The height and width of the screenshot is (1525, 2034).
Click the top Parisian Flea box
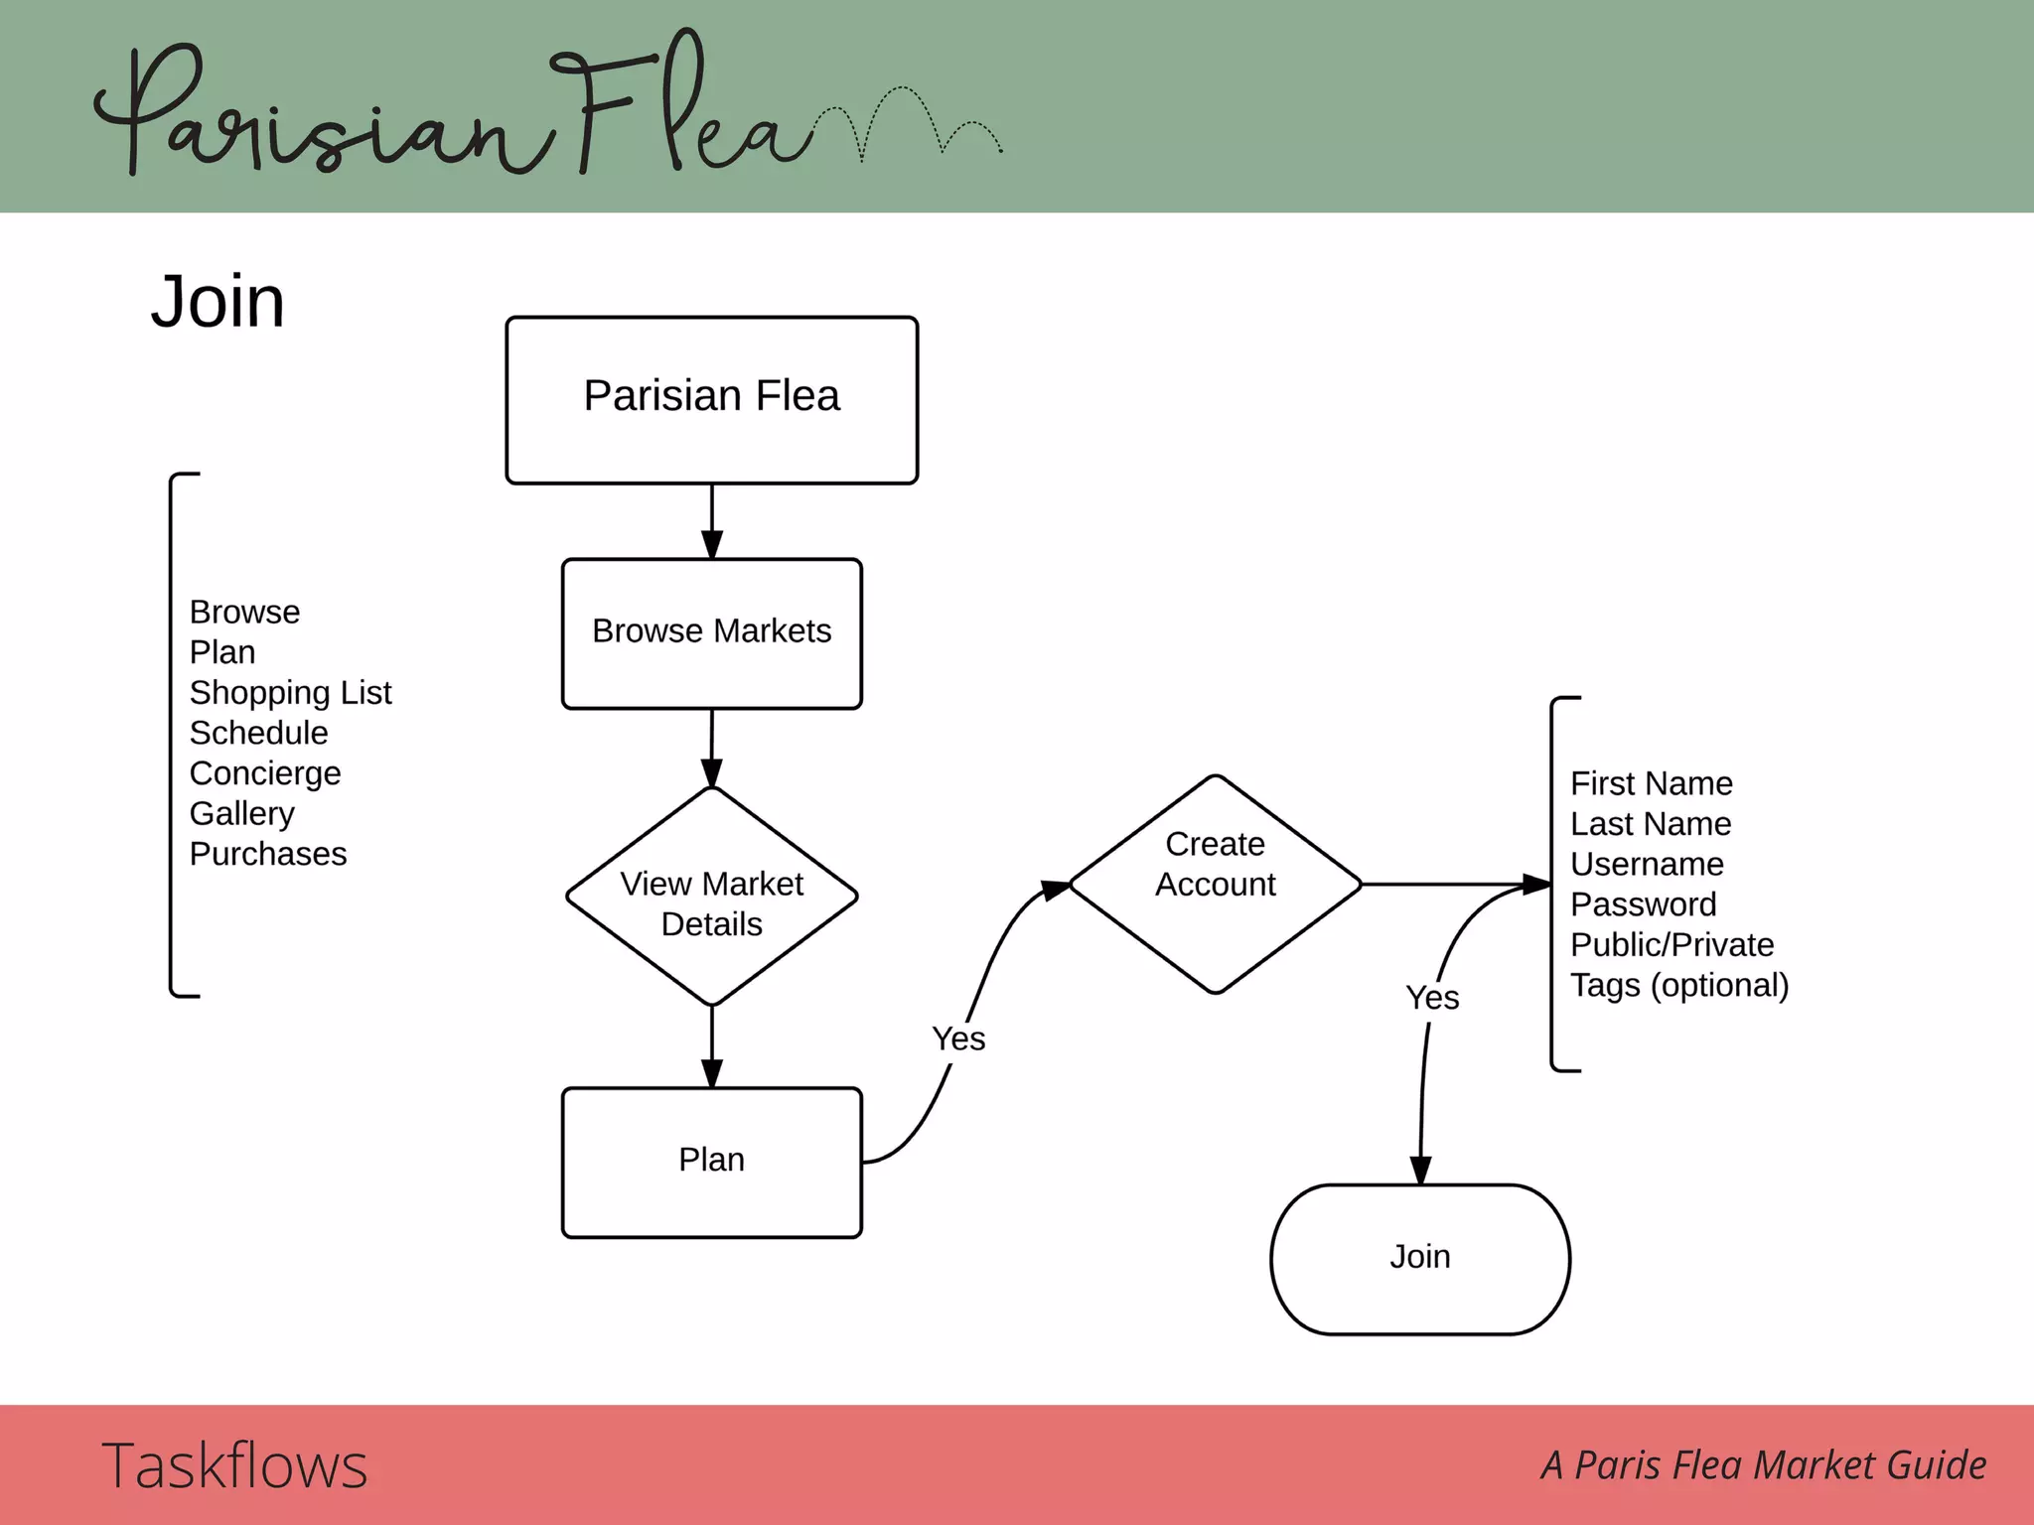pyautogui.click(x=711, y=399)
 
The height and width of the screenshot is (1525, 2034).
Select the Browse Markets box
pyautogui.click(x=711, y=632)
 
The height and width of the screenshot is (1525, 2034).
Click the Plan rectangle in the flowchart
pyautogui.click(x=711, y=1162)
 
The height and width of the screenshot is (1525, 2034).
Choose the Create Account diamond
pyautogui.click(x=1215, y=884)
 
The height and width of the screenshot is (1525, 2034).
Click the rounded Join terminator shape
pyautogui.click(x=1419, y=1258)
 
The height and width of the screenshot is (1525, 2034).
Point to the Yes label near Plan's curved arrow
pyautogui.click(x=958, y=1039)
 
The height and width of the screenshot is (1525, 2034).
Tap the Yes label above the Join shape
pyautogui.click(x=1432, y=998)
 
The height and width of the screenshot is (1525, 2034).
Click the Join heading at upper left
pyautogui.click(x=218, y=302)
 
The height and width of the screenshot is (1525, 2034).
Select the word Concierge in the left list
pyautogui.click(x=265, y=772)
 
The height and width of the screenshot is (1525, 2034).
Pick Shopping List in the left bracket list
pyautogui.click(x=290, y=692)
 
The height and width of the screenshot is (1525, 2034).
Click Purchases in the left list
pyautogui.click(x=268, y=854)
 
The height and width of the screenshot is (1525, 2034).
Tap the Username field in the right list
pyautogui.click(x=1646, y=864)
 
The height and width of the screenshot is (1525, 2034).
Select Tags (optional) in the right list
pyautogui.click(x=1678, y=985)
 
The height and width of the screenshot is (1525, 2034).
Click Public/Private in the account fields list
pyautogui.click(x=1671, y=944)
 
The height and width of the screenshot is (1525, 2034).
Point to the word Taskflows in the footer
pyautogui.click(x=234, y=1465)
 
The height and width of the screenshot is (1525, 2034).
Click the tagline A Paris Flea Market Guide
pyautogui.click(x=1764, y=1465)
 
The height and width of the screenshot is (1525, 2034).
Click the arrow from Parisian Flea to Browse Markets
pyautogui.click(x=711, y=521)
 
